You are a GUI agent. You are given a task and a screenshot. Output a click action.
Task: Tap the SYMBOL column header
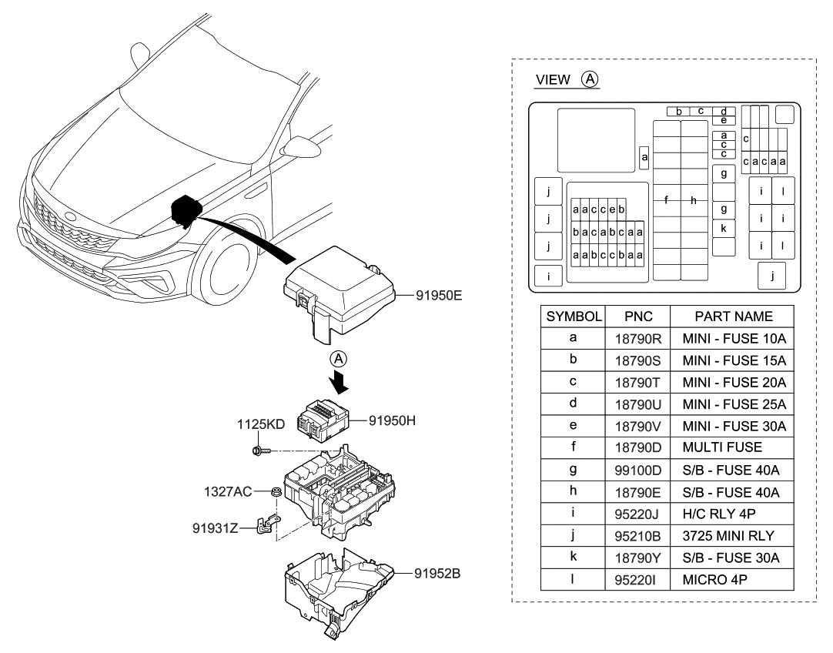tap(574, 316)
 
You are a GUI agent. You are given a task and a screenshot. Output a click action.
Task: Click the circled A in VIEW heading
tap(590, 79)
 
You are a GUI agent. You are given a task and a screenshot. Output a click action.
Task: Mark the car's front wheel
tap(226, 271)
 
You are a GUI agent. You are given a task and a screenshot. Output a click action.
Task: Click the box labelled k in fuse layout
tap(724, 228)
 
